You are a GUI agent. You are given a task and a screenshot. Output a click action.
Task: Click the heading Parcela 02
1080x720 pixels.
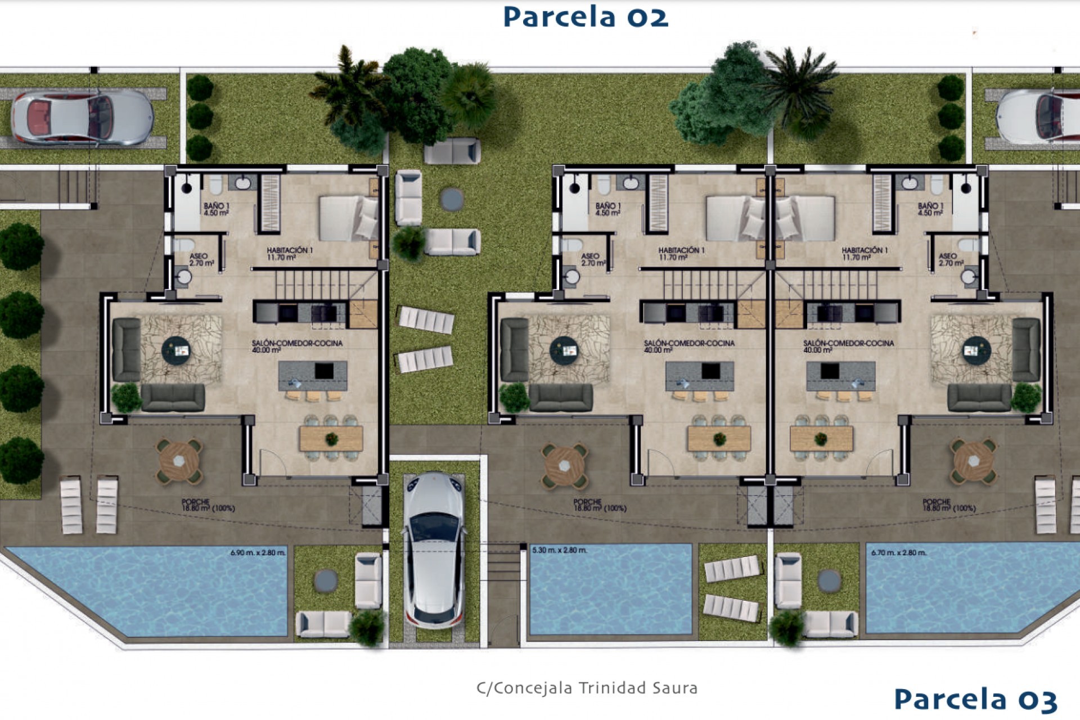tap(585, 17)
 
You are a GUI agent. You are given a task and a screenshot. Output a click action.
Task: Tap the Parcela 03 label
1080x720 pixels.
tap(975, 699)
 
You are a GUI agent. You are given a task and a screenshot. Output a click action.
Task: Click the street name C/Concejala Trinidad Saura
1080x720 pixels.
tap(587, 688)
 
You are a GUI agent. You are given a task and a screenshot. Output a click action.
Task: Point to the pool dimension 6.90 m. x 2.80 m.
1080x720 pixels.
tap(258, 553)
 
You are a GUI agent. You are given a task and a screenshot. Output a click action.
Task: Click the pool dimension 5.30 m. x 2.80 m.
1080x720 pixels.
tap(559, 550)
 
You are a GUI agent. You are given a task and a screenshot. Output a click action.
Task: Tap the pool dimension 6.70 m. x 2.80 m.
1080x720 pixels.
tap(898, 553)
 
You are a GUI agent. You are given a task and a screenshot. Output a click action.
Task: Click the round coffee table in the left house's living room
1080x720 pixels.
tap(176, 350)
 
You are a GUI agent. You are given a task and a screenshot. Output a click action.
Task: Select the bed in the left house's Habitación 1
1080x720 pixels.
tap(348, 218)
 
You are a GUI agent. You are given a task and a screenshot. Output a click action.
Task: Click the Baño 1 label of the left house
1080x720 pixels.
tap(216, 209)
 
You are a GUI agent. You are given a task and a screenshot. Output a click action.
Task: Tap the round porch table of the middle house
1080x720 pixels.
tap(565, 465)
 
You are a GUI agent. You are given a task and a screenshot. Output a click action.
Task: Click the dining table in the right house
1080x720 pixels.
tap(821, 438)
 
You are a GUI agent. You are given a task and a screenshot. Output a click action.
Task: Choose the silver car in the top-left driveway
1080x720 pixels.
tap(82, 119)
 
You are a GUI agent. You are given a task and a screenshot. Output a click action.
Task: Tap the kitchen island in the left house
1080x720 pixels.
tap(313, 376)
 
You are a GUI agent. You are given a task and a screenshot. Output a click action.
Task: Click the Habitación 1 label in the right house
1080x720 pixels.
tap(864, 254)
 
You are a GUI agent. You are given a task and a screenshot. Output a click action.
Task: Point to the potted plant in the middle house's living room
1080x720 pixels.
tap(514, 398)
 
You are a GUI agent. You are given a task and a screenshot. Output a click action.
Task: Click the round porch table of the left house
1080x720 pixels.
tap(179, 461)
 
